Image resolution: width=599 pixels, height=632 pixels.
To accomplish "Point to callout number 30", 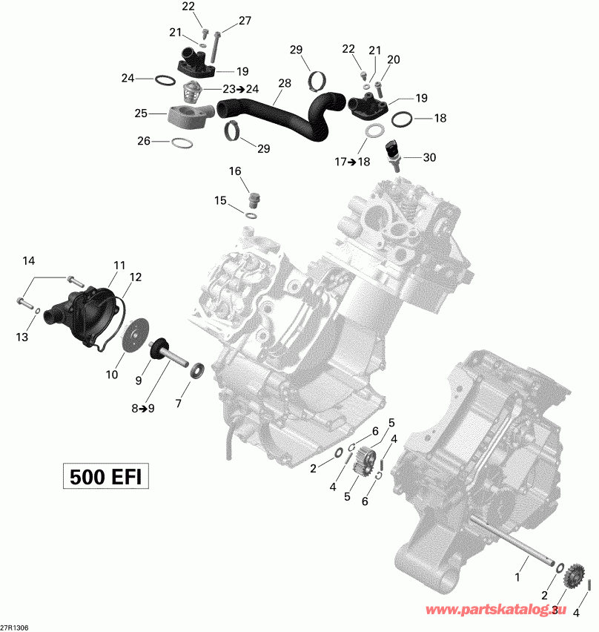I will click(x=430, y=157).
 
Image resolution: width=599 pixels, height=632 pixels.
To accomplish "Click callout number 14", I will click(x=28, y=260).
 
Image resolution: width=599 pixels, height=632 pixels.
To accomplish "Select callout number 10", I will click(x=111, y=375).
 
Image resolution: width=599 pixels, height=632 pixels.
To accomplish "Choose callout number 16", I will click(x=234, y=171).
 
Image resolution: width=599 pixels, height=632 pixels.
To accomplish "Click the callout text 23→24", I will click(x=242, y=89).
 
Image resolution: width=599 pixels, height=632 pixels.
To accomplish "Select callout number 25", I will click(x=140, y=113).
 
